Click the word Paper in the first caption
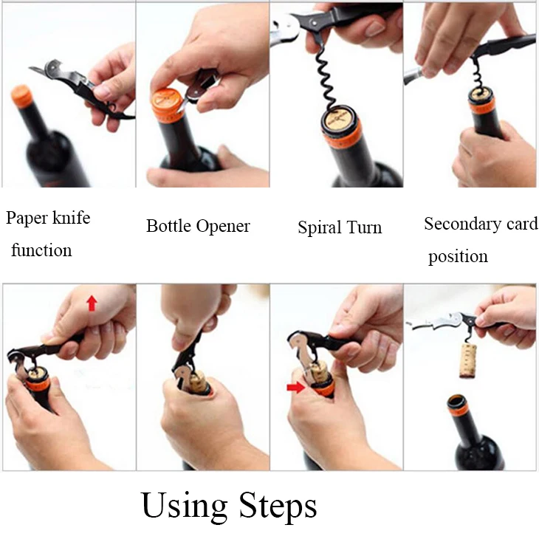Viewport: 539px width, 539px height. coord(27,219)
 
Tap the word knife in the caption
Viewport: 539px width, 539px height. coord(72,218)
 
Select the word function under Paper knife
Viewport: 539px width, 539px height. coord(41,250)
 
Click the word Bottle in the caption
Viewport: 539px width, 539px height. coord(169,226)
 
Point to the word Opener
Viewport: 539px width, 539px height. coord(223,227)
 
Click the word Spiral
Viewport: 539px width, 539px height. coord(320,228)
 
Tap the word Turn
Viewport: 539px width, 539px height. coord(364,227)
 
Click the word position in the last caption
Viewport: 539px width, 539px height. coord(458,257)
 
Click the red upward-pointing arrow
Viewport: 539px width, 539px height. coord(92,303)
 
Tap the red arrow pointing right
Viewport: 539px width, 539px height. coord(296,388)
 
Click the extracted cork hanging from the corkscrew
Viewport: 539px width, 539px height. coord(469,360)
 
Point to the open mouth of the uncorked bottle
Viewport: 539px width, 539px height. coord(458,401)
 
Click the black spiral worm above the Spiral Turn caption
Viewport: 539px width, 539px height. coord(325,79)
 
